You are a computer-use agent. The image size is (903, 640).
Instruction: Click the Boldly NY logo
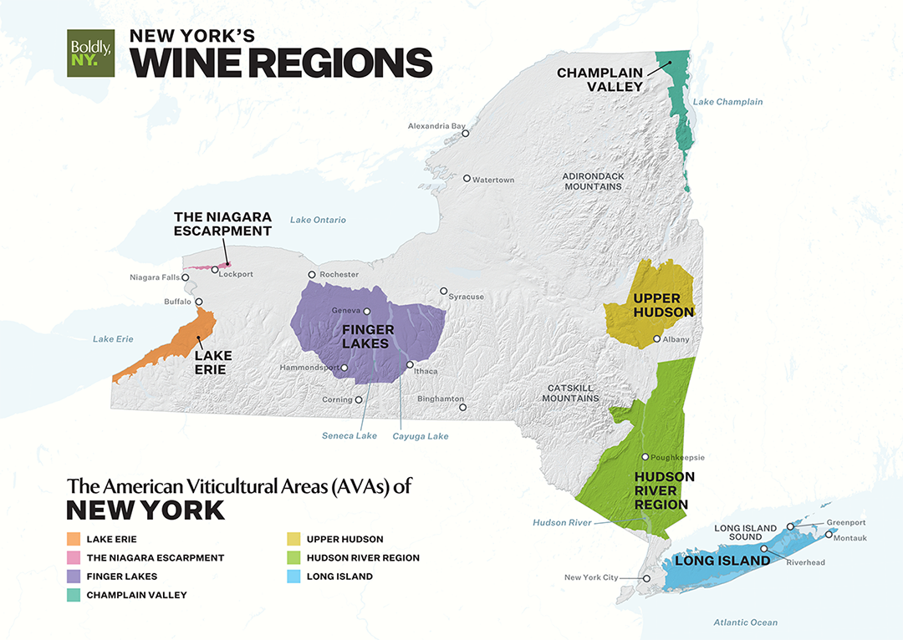[x=90, y=53]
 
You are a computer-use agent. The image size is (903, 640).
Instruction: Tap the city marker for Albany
[x=657, y=339]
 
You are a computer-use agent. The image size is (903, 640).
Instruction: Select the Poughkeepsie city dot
[x=645, y=457]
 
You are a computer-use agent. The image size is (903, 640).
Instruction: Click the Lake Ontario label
[x=318, y=220]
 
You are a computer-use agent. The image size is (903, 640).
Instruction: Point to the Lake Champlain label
[x=727, y=102]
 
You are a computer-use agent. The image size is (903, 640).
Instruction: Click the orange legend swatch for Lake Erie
[x=74, y=539]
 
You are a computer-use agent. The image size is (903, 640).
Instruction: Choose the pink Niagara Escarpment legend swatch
[x=74, y=557]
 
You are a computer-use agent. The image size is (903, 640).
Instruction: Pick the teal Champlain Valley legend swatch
[x=74, y=595]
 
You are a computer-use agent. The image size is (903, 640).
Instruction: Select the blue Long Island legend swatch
[x=293, y=577]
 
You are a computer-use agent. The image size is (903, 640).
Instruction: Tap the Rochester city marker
[x=312, y=274]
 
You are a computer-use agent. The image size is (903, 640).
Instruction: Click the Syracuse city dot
[x=444, y=292]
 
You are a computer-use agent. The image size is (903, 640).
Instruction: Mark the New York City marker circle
[x=645, y=578]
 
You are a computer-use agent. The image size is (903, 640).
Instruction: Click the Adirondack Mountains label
[x=593, y=181]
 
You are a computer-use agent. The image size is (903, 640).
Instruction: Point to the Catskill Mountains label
[x=573, y=393]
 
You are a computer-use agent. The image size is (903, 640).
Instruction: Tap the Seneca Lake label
[x=349, y=435]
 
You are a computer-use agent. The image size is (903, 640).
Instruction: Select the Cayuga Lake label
[x=421, y=435]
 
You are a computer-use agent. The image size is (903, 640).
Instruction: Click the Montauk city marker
[x=829, y=534]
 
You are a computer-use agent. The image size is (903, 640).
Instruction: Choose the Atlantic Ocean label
[x=745, y=622]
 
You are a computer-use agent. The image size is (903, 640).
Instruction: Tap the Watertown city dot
[x=467, y=178]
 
